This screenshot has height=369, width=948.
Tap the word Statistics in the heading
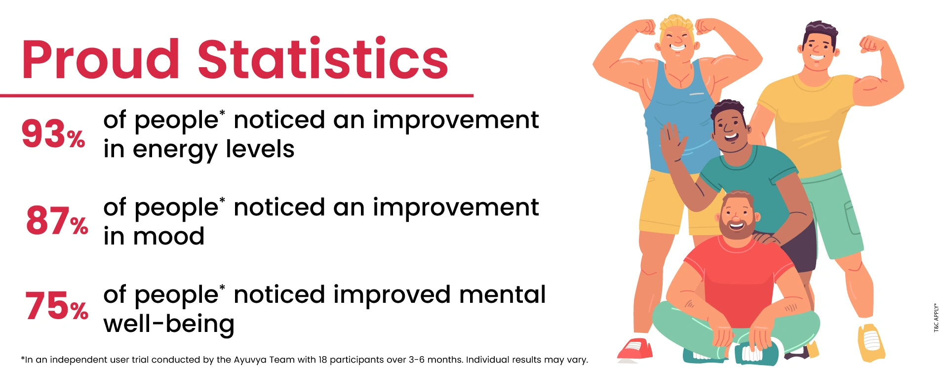click(323, 58)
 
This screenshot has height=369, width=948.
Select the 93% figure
click(53, 134)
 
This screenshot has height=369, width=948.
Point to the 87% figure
click(57, 221)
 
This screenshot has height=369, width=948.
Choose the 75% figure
click(57, 306)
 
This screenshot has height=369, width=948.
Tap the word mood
click(168, 236)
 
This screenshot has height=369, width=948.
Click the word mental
click(502, 294)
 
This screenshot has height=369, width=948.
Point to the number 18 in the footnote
click(323, 360)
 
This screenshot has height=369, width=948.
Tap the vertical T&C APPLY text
click(936, 317)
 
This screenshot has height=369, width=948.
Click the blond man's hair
click(676, 23)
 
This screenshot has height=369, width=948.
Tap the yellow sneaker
click(871, 342)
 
